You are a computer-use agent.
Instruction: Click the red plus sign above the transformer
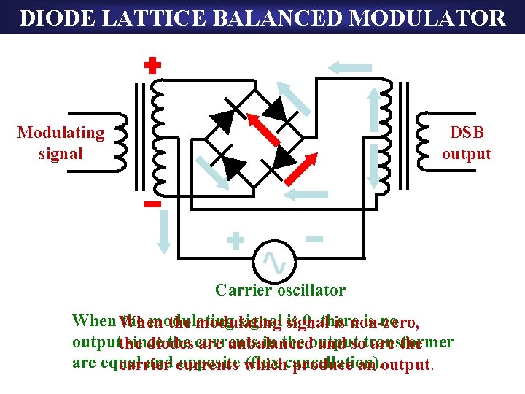point(152,67)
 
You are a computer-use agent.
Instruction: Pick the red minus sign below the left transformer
point(152,205)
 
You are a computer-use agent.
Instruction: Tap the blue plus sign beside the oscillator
point(235,242)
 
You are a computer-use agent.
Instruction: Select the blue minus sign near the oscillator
point(314,239)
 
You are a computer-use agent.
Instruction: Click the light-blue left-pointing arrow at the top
point(349,68)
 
